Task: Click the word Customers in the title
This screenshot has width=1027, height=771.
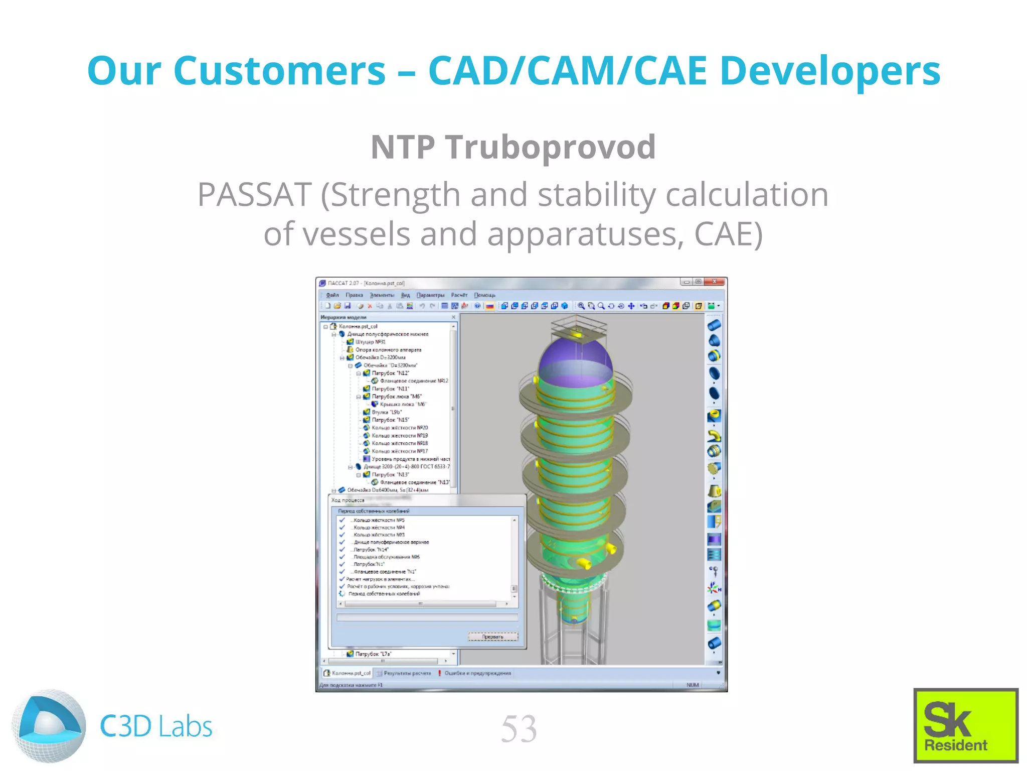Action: pos(279,71)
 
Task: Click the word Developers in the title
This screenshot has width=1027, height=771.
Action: pos(830,71)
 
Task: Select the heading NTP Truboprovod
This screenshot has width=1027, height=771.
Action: pos(513,147)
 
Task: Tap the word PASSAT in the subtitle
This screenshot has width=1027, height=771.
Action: pos(255,195)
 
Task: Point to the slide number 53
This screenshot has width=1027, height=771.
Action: pos(519,729)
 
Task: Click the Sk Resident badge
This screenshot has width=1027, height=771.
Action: pos(965,725)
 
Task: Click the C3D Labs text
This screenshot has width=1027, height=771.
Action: pos(156,726)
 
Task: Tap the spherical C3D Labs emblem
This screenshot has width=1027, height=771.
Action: pos(49,726)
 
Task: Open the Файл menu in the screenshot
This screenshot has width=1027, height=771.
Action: pos(332,295)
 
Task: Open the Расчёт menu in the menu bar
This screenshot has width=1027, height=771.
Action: pos(459,295)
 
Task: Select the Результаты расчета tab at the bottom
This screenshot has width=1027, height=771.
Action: pos(407,673)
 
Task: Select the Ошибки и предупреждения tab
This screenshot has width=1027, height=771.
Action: pos(477,673)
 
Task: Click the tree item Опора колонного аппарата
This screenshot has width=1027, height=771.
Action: pos(388,350)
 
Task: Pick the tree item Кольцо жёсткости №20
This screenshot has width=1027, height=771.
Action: pos(399,428)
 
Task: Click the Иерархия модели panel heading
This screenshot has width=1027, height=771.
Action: pos(344,317)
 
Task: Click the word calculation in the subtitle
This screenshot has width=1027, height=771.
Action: pos(746,195)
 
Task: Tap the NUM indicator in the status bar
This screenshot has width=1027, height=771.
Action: pos(692,685)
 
